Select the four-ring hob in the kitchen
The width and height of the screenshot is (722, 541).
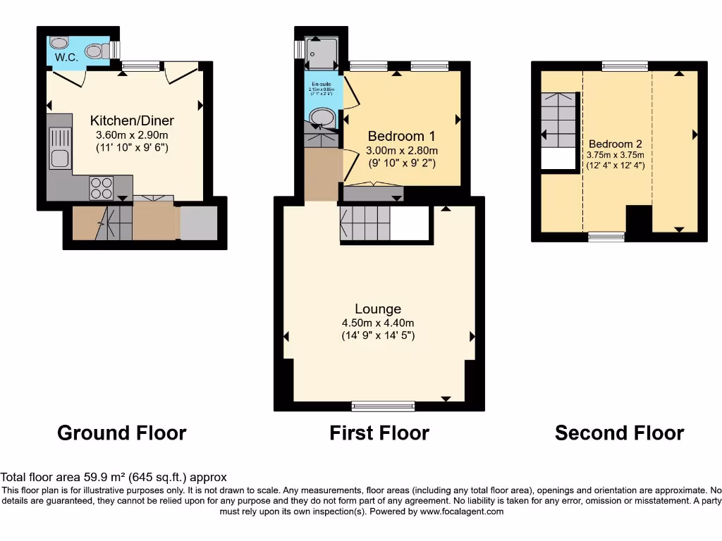(x=101, y=187)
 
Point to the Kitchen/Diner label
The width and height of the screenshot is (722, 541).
(x=132, y=120)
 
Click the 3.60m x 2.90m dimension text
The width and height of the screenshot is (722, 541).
(x=132, y=135)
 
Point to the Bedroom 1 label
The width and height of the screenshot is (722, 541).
(x=401, y=136)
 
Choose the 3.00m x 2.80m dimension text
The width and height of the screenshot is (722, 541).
(x=401, y=150)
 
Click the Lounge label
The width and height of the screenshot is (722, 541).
(x=378, y=309)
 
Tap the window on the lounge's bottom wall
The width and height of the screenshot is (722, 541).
(x=384, y=405)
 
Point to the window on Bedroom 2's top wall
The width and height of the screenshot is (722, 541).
(x=625, y=66)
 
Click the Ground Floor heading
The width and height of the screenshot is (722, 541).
(x=121, y=433)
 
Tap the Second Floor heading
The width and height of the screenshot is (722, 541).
(x=619, y=433)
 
